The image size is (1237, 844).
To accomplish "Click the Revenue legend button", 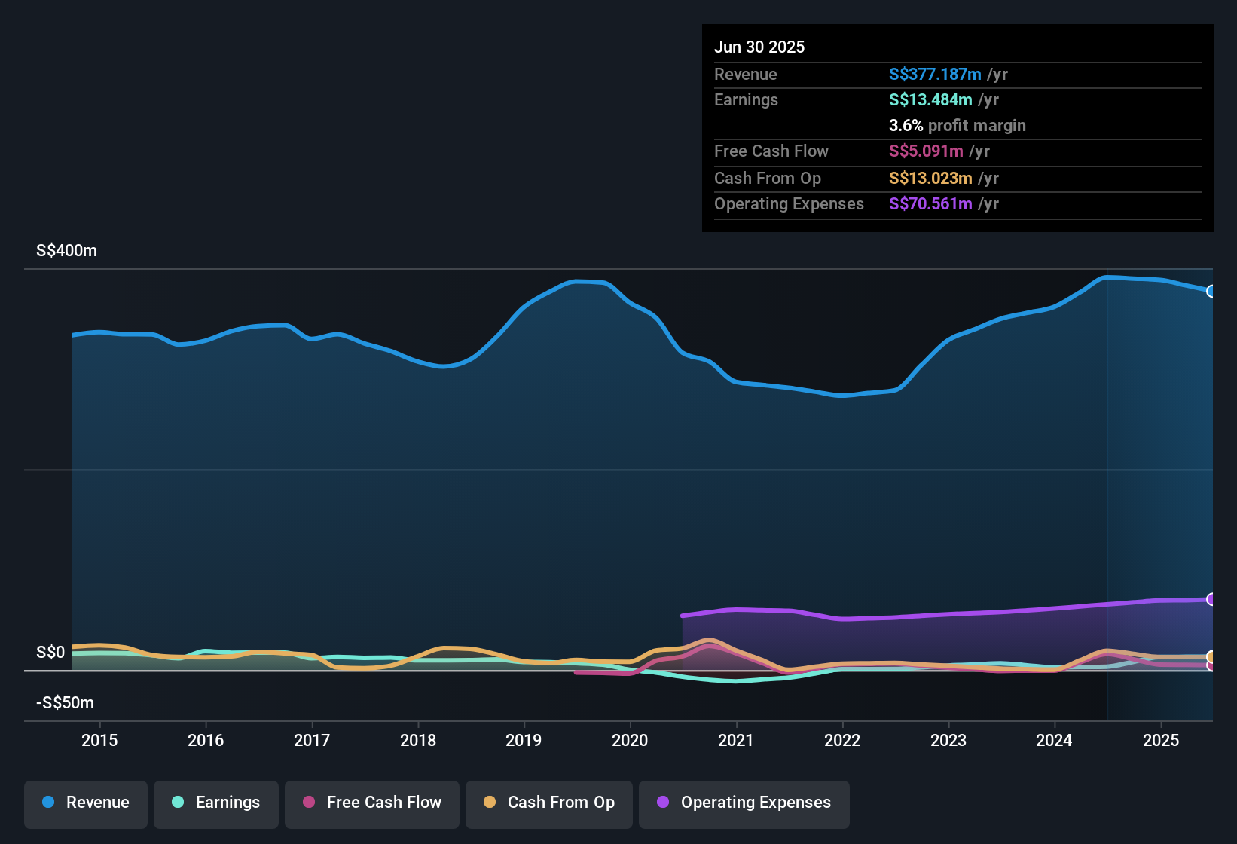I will click(86, 803).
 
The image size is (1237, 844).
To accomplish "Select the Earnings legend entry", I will click(216, 803).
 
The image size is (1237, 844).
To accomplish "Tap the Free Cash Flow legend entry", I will click(372, 803).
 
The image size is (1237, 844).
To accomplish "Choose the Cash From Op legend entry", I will click(549, 803).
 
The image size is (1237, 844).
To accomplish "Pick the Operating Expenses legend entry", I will click(744, 803).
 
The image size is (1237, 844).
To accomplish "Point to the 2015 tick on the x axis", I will click(99, 740).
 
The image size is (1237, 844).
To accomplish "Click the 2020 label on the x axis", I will click(630, 740).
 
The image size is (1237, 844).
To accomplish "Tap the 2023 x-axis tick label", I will click(948, 740).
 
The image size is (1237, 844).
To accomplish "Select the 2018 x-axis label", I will click(418, 740).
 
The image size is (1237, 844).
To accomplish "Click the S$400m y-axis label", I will click(66, 251).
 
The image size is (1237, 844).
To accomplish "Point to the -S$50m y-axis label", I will click(65, 703).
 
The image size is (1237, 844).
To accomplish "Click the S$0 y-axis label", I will click(50, 653).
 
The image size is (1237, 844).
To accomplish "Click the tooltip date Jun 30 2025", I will click(759, 47).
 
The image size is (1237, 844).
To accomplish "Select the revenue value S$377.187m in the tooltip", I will click(935, 75).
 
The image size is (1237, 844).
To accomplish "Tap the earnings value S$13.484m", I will click(930, 100).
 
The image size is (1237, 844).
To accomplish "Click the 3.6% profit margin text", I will click(957, 126).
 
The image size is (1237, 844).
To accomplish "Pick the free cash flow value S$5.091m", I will click(926, 151).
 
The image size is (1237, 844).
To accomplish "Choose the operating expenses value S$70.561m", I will click(930, 204).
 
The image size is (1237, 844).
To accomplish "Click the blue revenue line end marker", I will click(1211, 292).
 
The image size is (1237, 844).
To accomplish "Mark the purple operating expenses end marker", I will click(1211, 600).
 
